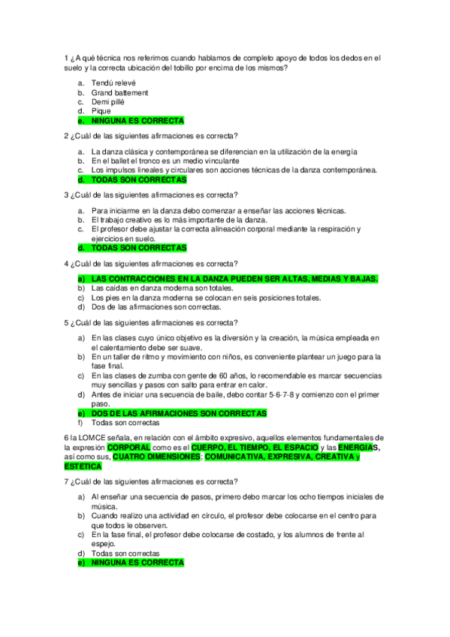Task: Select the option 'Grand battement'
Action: pyautogui.click(x=119, y=92)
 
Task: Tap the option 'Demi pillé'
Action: pyautogui.click(x=108, y=101)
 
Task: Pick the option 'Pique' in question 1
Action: pyautogui.click(x=101, y=111)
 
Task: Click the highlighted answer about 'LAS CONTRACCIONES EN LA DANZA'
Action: pyautogui.click(x=234, y=279)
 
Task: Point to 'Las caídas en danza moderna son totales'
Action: pyautogui.click(x=162, y=288)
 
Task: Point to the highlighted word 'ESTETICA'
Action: pyautogui.click(x=83, y=466)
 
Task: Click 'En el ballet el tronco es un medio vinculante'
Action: pyautogui.click(x=165, y=161)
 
